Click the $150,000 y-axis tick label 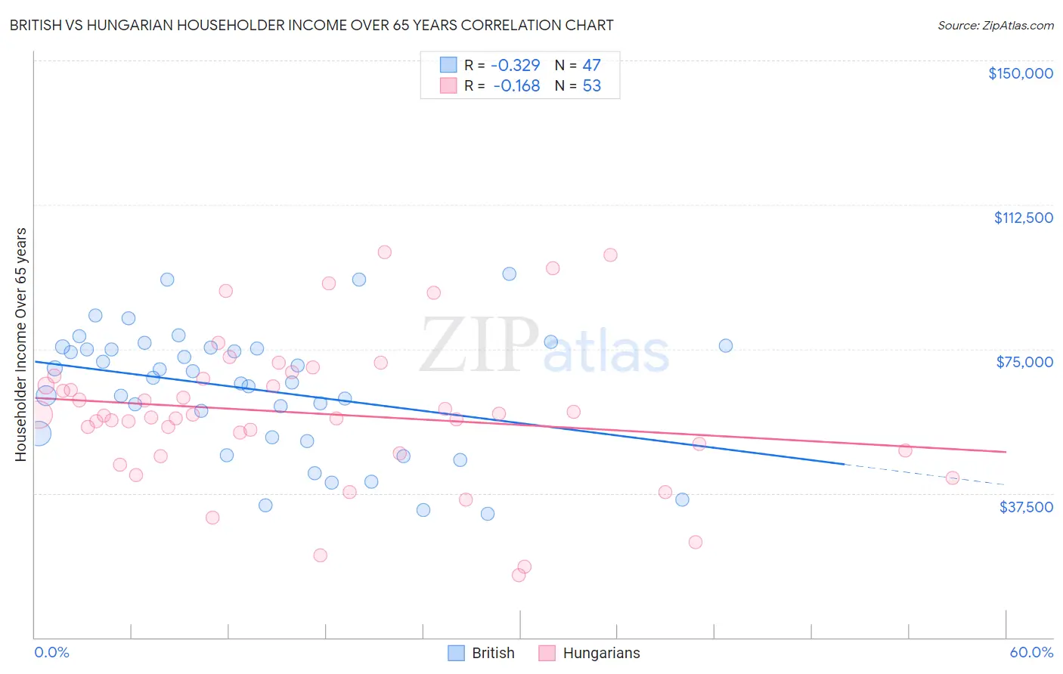pyautogui.click(x=1020, y=73)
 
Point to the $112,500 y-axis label pyautogui.click(x=1023, y=218)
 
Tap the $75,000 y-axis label pyautogui.click(x=1024, y=362)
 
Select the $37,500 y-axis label pyautogui.click(x=1026, y=507)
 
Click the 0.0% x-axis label pyautogui.click(x=51, y=652)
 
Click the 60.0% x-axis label pyautogui.click(x=1030, y=652)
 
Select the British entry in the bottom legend pyautogui.click(x=482, y=653)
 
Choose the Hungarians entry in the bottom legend pyautogui.click(x=590, y=653)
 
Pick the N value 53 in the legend pyautogui.click(x=591, y=85)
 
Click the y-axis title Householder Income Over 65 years pyautogui.click(x=20, y=345)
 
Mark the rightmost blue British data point pyautogui.click(x=725, y=345)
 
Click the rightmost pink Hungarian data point pyautogui.click(x=952, y=478)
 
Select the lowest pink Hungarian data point pyautogui.click(x=519, y=575)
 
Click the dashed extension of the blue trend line pyautogui.click(x=922, y=474)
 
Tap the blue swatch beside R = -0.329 pyautogui.click(x=448, y=65)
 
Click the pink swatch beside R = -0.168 pyautogui.click(x=448, y=85)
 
